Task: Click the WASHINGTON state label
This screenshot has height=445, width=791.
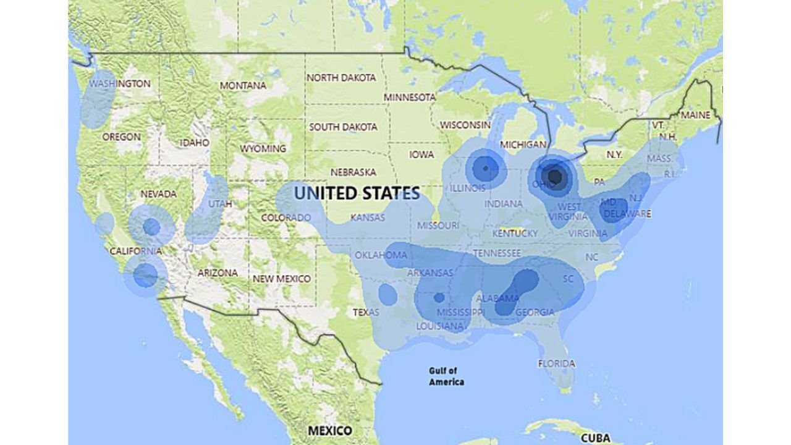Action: [x=120, y=83]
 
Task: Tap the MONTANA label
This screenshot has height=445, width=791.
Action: [x=243, y=85]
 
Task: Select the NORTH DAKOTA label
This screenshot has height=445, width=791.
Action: [x=341, y=78]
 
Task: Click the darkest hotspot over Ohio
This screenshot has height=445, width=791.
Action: [x=554, y=177]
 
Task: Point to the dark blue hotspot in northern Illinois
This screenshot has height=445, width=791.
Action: [x=486, y=167]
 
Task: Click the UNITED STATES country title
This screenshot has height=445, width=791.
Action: [x=357, y=193]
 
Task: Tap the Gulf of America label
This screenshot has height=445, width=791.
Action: [x=446, y=376]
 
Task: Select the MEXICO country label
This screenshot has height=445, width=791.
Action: [x=330, y=430]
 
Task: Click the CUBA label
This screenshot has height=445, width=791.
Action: [x=596, y=438]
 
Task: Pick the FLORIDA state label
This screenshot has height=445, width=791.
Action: [x=556, y=363]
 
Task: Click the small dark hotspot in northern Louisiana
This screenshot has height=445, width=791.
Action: [x=439, y=297]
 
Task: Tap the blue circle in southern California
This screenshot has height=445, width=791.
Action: [x=146, y=275]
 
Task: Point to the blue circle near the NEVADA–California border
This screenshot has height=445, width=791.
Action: [x=151, y=227]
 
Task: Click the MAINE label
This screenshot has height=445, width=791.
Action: [x=695, y=115]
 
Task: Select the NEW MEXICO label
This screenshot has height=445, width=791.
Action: [x=281, y=279]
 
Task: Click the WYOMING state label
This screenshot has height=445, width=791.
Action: [x=263, y=148]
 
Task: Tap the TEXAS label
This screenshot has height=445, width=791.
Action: [x=366, y=312]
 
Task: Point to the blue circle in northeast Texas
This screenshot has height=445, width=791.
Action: [x=387, y=295]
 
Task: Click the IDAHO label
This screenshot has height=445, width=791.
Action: [x=194, y=142]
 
